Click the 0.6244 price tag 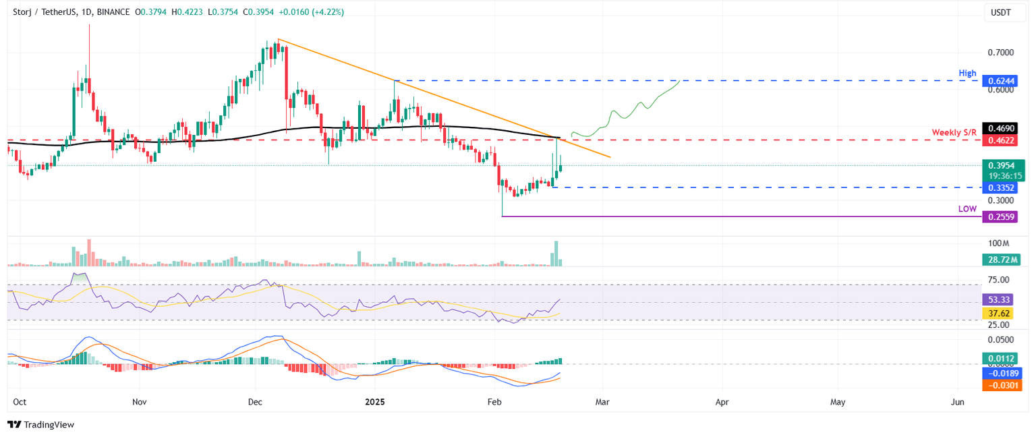click(1002, 80)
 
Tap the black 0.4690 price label click(1002, 127)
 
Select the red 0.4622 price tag click(1002, 140)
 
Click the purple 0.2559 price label click(1002, 216)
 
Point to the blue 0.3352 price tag click(1002, 187)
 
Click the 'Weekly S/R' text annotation click(954, 132)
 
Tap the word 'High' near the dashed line click(967, 71)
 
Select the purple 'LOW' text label click(967, 209)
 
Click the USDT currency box click(1000, 11)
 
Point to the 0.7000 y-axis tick click(1000, 52)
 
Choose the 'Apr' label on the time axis click(722, 402)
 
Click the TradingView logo click(40, 424)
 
